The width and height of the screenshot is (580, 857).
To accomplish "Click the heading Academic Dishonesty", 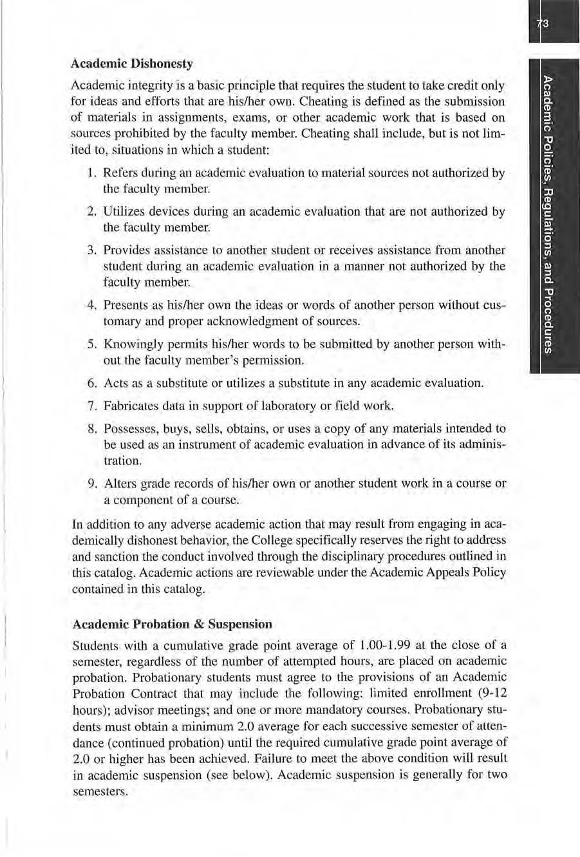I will click(132, 64).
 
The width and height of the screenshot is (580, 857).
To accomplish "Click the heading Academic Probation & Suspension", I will click(172, 624).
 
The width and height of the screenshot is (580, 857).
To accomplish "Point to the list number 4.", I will click(91, 305).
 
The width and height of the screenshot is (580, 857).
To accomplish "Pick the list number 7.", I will click(91, 406).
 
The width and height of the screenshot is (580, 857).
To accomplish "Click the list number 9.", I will click(91, 484).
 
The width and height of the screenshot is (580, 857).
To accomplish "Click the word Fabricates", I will click(129, 406).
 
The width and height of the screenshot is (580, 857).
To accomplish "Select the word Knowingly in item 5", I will click(129, 344).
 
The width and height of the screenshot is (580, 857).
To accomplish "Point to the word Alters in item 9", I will click(117, 484).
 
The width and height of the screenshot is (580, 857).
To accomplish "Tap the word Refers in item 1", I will click(118, 173).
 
